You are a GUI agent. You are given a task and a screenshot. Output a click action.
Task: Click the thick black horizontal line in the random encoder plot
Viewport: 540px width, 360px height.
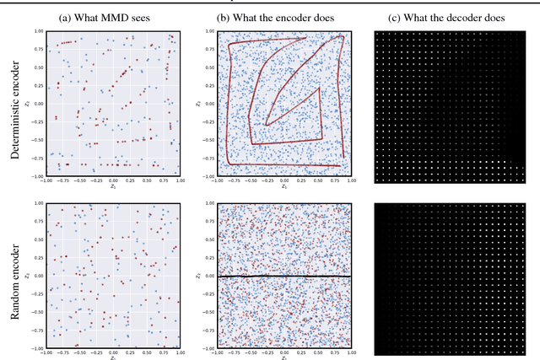coord(278,276)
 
